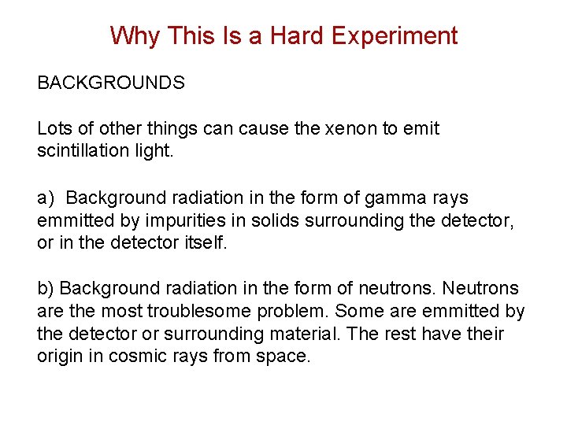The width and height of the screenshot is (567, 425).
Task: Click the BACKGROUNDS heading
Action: [x=111, y=83]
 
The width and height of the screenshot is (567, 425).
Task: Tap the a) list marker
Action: [x=45, y=198]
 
